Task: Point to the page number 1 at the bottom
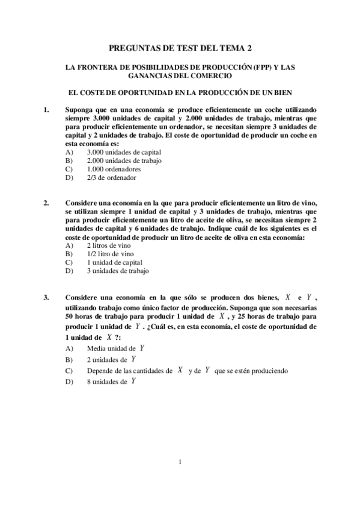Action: [x=180, y=462]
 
